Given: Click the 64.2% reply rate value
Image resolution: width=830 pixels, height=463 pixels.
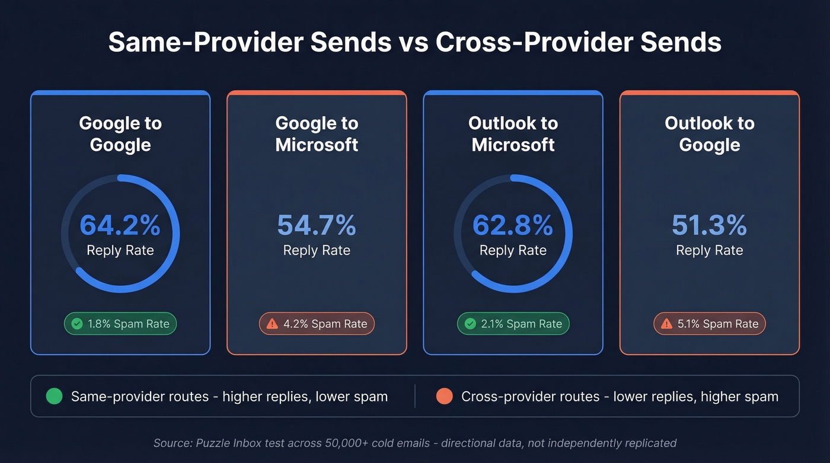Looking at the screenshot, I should click(x=120, y=225).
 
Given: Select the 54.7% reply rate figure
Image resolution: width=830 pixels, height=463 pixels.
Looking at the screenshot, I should click(x=317, y=225).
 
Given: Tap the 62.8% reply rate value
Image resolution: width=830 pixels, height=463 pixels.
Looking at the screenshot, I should click(x=513, y=225).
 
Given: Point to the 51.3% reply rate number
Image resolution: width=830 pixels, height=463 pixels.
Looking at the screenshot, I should click(x=709, y=225).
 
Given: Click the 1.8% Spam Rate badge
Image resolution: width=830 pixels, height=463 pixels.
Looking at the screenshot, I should click(x=120, y=324).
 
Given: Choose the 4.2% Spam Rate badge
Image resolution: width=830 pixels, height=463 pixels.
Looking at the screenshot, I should click(x=317, y=324).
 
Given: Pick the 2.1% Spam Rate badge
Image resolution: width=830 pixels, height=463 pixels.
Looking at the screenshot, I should click(x=513, y=324).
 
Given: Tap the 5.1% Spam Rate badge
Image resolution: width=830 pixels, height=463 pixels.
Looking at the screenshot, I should click(x=709, y=324).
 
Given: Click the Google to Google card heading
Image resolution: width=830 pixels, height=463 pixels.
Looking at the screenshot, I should click(x=120, y=134).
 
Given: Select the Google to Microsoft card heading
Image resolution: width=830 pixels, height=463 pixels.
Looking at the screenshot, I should click(x=317, y=134).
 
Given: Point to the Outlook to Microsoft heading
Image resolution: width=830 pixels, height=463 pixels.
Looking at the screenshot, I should click(x=513, y=134).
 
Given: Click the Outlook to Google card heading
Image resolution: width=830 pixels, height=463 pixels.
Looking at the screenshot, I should click(x=709, y=134).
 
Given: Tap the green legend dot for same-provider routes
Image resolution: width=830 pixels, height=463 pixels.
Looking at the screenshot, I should click(x=54, y=396).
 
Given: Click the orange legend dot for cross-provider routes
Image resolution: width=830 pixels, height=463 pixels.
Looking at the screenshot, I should click(x=444, y=396).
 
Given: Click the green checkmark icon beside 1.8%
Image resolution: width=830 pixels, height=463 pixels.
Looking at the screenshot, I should click(x=76, y=324).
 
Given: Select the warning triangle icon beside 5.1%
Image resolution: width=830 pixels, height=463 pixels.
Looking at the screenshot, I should click(x=666, y=324).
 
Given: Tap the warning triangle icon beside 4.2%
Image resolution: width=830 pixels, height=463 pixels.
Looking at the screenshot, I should click(x=272, y=324).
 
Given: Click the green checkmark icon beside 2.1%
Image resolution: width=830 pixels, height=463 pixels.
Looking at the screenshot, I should click(x=470, y=324).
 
